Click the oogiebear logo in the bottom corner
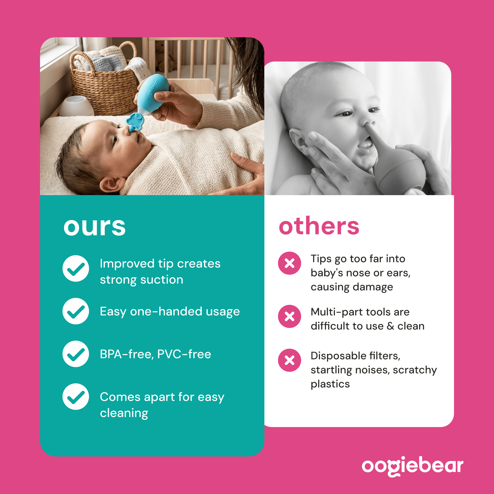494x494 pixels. click(x=412, y=466)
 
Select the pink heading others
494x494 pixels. click(x=319, y=225)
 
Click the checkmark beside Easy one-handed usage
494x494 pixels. click(x=76, y=311)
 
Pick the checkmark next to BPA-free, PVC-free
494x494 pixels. click(x=76, y=354)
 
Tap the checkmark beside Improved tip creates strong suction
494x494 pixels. click(x=76, y=268)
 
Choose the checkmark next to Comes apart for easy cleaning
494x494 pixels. click(x=76, y=397)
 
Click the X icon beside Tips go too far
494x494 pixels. click(x=289, y=263)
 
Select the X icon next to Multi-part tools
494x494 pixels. click(x=289, y=317)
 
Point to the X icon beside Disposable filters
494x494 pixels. click(x=289, y=360)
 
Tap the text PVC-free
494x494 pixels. click(x=184, y=354)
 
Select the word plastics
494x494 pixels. click(x=330, y=384)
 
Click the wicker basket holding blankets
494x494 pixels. click(x=105, y=84)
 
